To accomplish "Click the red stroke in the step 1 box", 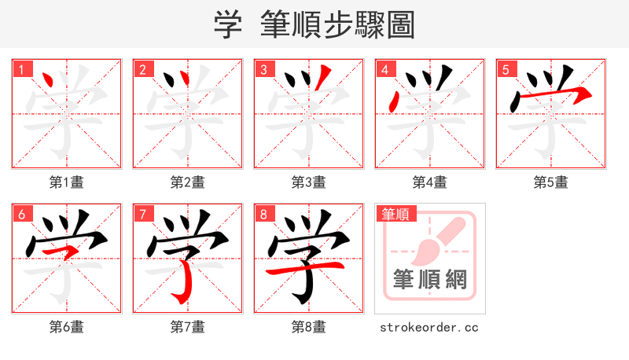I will (x=48, y=81).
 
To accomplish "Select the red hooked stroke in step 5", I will (x=550, y=95).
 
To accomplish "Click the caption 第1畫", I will (x=66, y=182).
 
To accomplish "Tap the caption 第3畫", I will (x=308, y=182).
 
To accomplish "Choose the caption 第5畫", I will (x=550, y=182).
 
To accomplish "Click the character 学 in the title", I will (x=226, y=24).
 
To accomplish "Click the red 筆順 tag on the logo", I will (x=395, y=214).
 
